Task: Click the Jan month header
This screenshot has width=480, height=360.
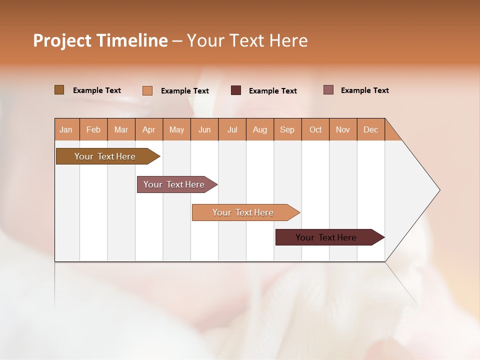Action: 66,129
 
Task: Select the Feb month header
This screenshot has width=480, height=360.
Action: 93,129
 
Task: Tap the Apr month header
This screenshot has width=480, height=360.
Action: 148,129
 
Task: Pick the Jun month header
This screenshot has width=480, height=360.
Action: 204,129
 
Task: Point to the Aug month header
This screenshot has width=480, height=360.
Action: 260,129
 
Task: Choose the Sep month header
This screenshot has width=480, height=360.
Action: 287,129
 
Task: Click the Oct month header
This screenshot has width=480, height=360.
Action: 315,129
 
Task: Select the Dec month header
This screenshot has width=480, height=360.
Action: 370,129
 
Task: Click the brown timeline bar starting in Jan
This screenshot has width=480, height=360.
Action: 105,156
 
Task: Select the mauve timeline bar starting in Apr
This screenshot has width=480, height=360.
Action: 174,184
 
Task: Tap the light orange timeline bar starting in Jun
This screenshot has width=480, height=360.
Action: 243,212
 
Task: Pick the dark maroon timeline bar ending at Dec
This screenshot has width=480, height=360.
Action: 326,237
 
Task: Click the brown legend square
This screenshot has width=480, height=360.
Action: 59,90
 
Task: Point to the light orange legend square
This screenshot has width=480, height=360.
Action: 147,90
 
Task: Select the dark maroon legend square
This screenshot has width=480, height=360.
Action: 236,90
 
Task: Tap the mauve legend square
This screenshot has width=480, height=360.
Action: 328,90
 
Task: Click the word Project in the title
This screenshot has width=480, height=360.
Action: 62,40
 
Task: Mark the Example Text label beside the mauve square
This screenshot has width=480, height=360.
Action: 364,90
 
